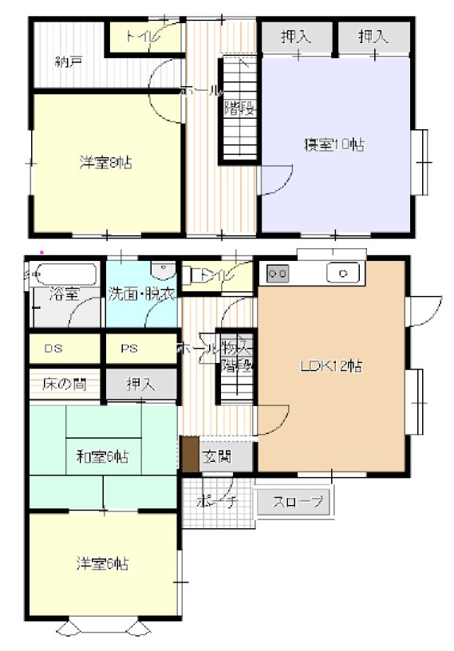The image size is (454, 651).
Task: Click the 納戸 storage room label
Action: [x=68, y=61]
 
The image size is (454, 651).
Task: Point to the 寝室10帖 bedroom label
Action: [x=334, y=144]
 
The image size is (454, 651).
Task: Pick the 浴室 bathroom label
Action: [x=64, y=294]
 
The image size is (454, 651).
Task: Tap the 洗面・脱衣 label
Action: [x=142, y=294]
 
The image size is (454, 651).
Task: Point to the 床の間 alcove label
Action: [x=59, y=385]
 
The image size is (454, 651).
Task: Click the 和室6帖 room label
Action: [x=102, y=456]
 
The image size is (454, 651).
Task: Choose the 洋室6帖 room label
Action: [x=104, y=564]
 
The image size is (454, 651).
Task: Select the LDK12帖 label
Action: [x=332, y=367]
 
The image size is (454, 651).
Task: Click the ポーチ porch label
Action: [x=212, y=503]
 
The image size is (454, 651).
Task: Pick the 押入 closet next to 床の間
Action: [x=141, y=385]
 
